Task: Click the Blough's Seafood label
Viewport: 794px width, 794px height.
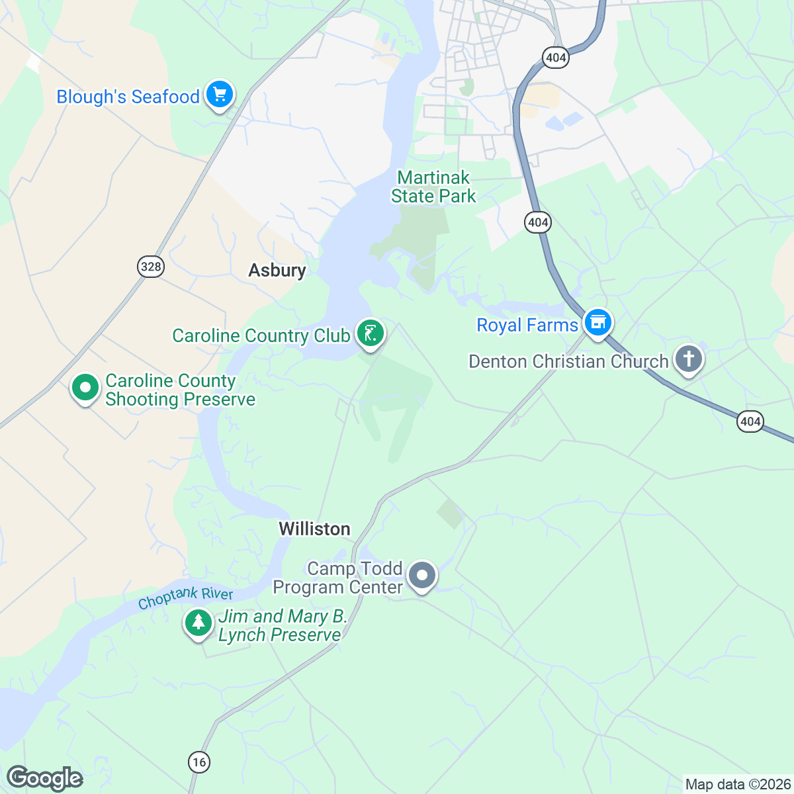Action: pyautogui.click(x=128, y=97)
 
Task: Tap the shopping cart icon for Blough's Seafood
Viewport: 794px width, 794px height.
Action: pyautogui.click(x=219, y=95)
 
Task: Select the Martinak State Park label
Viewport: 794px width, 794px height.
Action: pyautogui.click(x=433, y=187)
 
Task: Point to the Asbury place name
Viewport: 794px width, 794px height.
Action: pyautogui.click(x=277, y=270)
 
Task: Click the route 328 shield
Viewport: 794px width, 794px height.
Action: pyautogui.click(x=151, y=267)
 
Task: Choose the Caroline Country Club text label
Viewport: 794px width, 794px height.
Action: pyautogui.click(x=261, y=335)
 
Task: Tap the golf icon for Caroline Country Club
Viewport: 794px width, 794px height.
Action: pyautogui.click(x=371, y=334)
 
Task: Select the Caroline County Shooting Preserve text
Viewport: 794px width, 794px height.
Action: pyautogui.click(x=180, y=390)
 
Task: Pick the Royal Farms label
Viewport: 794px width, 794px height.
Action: pyautogui.click(x=527, y=326)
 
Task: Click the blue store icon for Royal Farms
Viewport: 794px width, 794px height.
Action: pyautogui.click(x=597, y=323)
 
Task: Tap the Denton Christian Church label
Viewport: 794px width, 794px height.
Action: pyautogui.click(x=568, y=361)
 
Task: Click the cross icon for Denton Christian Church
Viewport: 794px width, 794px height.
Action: pyautogui.click(x=689, y=359)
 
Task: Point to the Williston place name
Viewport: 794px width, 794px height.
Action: pyautogui.click(x=314, y=529)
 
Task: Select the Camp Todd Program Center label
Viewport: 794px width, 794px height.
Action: pyautogui.click(x=337, y=578)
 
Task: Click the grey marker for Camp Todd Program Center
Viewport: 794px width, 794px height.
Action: pyautogui.click(x=421, y=576)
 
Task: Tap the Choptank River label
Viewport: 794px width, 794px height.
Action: pyautogui.click(x=185, y=597)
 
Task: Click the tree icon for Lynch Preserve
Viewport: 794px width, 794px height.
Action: pyautogui.click(x=198, y=623)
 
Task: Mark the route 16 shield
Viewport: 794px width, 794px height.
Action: pyautogui.click(x=198, y=762)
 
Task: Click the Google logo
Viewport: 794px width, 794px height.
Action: pyautogui.click(x=44, y=779)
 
